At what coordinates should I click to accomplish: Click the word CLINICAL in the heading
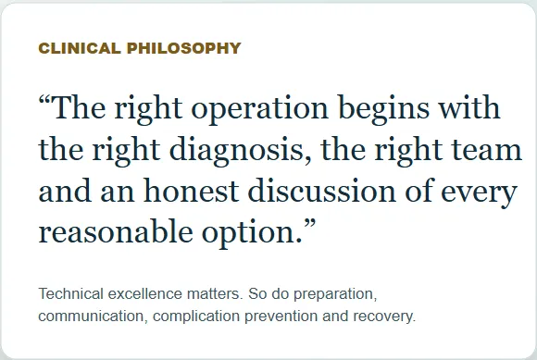coord(80,48)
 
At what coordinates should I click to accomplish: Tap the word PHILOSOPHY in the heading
coord(184,48)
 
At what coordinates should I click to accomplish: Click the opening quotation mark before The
coord(44,100)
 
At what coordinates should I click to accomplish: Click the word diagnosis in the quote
coord(236,152)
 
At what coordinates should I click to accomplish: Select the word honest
coord(191,191)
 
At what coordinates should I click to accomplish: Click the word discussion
coord(322,191)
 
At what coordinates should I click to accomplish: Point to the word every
coord(479,194)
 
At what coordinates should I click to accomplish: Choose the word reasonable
coord(116,232)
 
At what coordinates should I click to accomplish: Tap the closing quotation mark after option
coord(309,226)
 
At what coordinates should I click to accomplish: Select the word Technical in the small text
coord(71,293)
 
